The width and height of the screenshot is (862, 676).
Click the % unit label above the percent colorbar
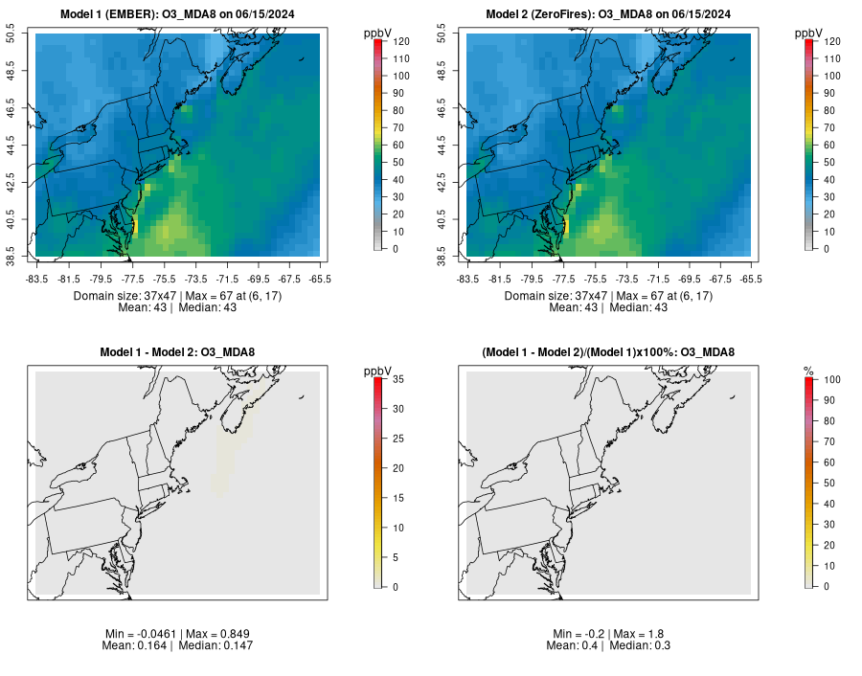(808, 371)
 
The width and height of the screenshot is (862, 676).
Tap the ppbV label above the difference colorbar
(378, 371)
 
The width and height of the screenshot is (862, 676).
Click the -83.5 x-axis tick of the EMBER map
(36, 279)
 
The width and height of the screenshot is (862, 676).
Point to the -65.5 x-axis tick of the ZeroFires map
(751, 279)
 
